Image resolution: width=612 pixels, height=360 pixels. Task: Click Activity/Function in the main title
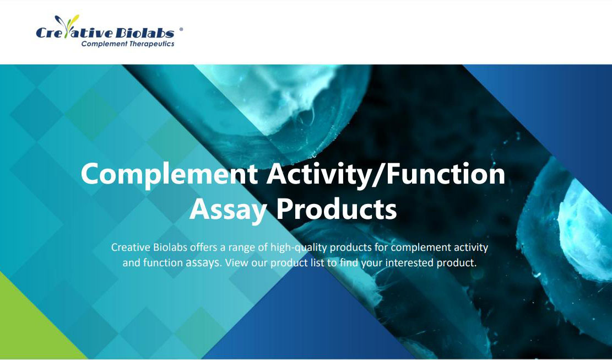[x=386, y=174]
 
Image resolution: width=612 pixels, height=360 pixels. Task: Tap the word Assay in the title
[x=228, y=209]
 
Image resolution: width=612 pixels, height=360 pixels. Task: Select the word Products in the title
[x=336, y=209]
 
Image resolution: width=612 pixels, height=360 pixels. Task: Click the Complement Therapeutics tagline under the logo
[x=128, y=44]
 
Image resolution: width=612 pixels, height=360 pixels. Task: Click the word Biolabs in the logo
[x=145, y=33]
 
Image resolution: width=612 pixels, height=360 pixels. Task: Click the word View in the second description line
[x=236, y=263]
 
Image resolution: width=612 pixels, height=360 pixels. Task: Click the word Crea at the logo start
[x=50, y=34]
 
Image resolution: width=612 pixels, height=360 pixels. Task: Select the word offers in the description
[x=204, y=248]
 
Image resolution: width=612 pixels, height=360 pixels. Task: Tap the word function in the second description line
[x=163, y=263]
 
